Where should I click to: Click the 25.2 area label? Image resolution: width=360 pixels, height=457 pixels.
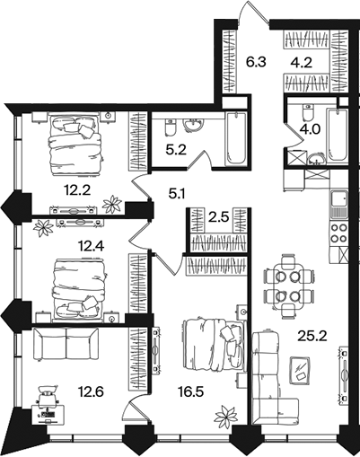click(312, 337)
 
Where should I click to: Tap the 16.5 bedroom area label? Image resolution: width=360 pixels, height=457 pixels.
click(190, 391)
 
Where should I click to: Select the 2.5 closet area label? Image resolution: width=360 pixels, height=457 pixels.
click(218, 217)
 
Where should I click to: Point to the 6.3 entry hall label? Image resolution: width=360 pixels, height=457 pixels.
click(256, 63)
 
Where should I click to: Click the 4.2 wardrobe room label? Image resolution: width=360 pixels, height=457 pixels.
click(302, 63)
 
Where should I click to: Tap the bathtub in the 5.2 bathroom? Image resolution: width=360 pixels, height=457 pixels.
click(236, 138)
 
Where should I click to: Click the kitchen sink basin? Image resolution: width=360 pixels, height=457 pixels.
click(339, 199)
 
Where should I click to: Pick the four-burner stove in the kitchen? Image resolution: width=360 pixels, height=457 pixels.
click(338, 233)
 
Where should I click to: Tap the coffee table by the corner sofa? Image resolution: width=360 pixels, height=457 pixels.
click(300, 370)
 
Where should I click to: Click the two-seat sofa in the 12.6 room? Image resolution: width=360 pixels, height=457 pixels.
click(66, 344)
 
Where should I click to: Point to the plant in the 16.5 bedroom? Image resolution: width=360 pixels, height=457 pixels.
click(226, 416)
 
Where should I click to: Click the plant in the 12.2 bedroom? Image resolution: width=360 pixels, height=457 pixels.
click(112, 204)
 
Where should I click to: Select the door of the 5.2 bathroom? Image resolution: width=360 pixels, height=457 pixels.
click(201, 161)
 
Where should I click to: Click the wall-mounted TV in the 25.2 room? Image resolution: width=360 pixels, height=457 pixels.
click(345, 375)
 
